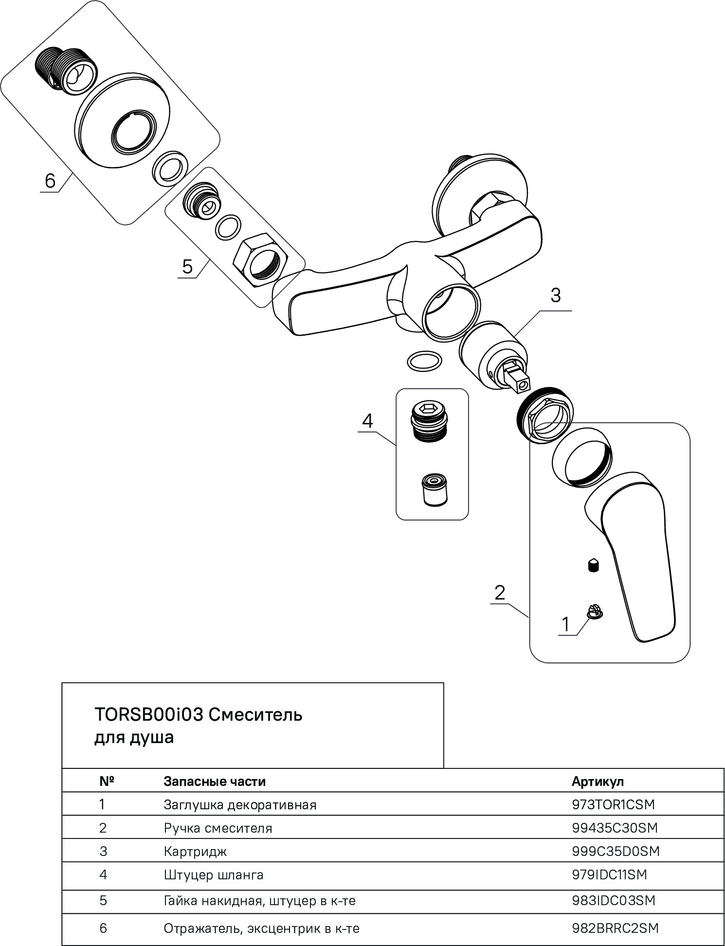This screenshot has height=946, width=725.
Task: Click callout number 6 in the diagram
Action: coord(50,181)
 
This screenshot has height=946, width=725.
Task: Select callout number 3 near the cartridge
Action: coord(555,295)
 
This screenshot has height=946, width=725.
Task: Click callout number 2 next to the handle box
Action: coord(500,593)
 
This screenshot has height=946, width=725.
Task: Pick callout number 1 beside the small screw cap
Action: coord(565,624)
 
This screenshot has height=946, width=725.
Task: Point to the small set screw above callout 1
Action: coord(594,565)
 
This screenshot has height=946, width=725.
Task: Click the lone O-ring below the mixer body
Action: coord(423,361)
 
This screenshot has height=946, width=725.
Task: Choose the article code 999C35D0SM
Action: coord(616,851)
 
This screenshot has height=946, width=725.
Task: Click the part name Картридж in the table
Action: coord(195,852)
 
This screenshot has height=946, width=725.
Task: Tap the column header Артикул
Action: coord(598,782)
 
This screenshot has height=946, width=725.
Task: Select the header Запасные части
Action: coord(215,782)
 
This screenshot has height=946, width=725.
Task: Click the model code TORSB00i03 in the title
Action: coord(149,715)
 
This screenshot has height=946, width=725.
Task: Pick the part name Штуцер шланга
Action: coord(214,874)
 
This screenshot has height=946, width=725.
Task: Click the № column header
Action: coord(107,782)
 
